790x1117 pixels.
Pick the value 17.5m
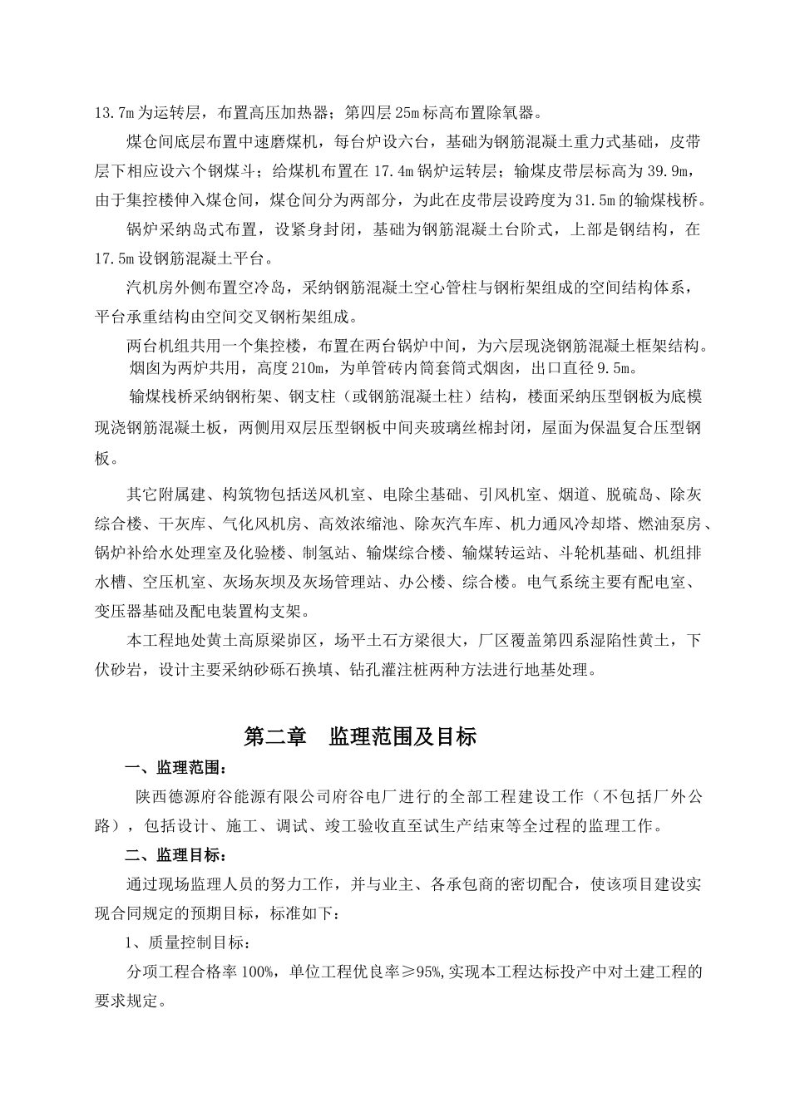pyautogui.click(x=114, y=258)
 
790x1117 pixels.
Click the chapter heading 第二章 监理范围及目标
pyautogui.click(x=359, y=736)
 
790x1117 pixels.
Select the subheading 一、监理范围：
pyautogui.click(x=174, y=767)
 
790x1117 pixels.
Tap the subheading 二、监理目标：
pyautogui.click(x=174, y=855)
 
